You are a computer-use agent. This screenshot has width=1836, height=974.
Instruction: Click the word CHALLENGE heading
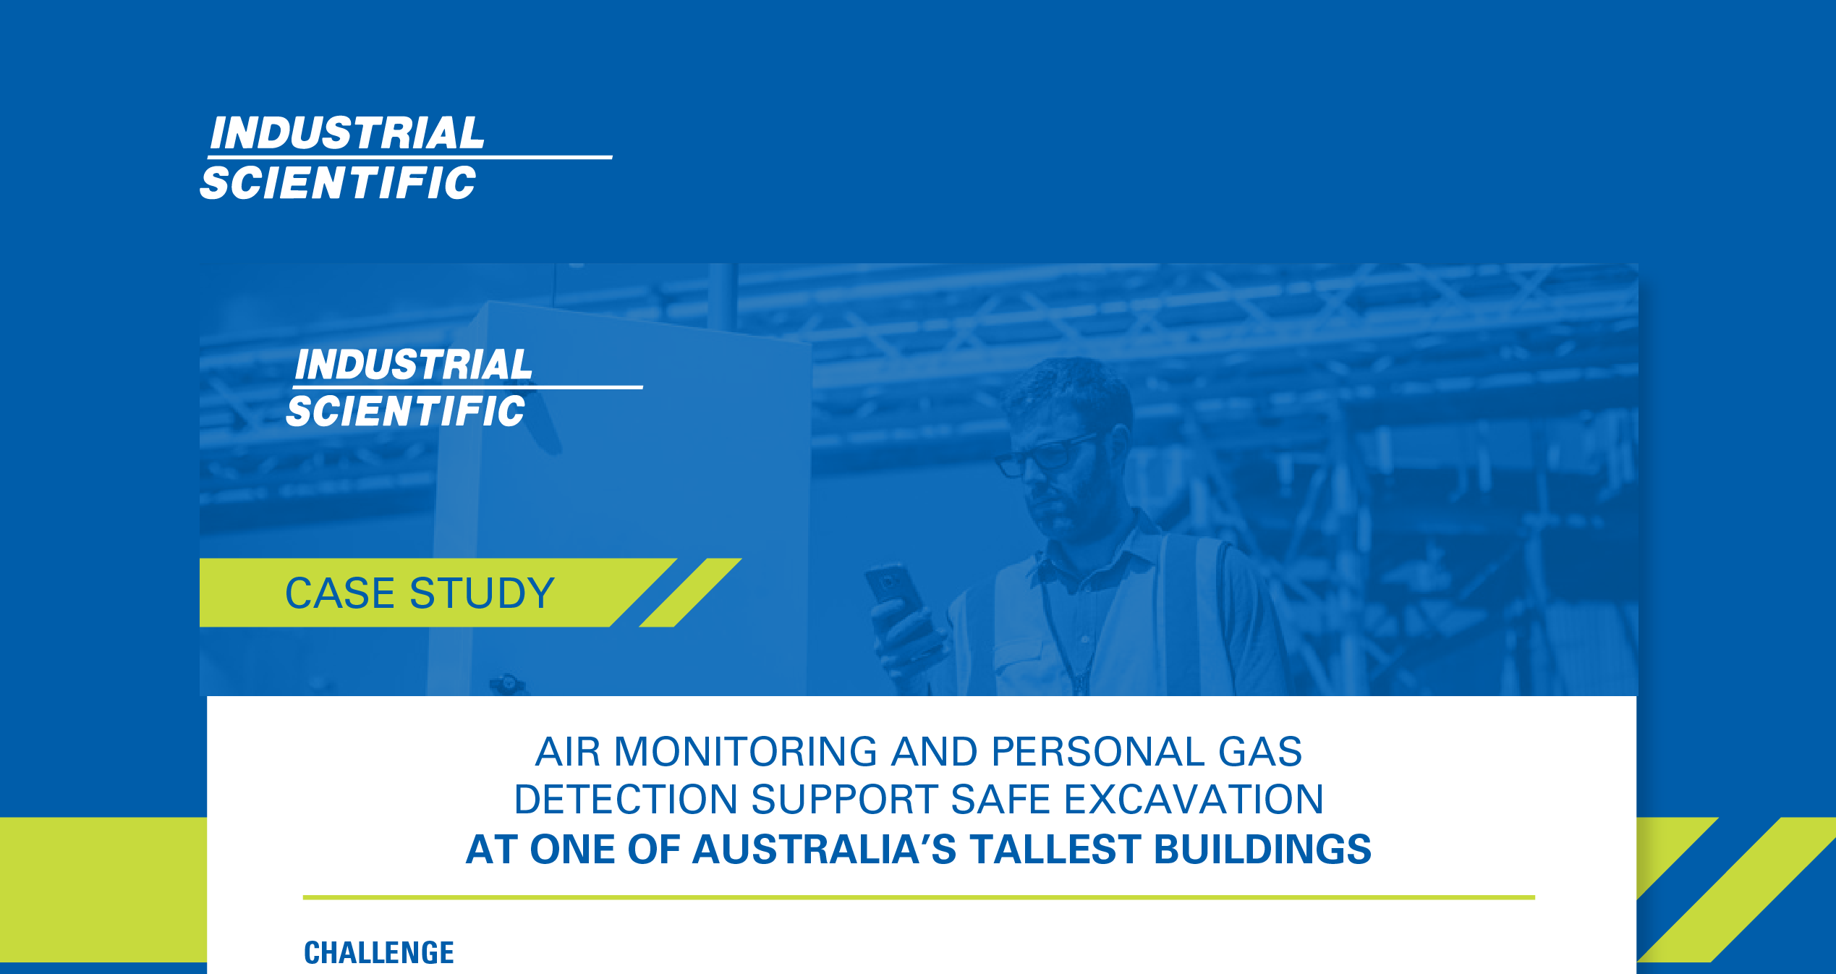click(x=379, y=952)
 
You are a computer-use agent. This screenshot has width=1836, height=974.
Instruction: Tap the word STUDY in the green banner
click(x=482, y=593)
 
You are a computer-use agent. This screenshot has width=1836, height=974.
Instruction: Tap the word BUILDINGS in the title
click(x=1262, y=850)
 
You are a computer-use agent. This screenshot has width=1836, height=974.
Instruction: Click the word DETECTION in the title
click(x=626, y=800)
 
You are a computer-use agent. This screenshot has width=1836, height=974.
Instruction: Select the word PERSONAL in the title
click(x=1098, y=752)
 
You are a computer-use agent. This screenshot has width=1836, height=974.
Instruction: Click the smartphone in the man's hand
click(x=896, y=590)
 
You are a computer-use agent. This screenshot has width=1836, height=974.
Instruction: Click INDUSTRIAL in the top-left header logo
click(x=347, y=133)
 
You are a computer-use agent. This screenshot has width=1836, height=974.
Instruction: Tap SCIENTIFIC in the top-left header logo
click(x=339, y=182)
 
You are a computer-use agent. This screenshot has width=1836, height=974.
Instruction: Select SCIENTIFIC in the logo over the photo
click(x=406, y=411)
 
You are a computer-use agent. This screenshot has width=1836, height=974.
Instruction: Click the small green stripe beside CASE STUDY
click(x=690, y=593)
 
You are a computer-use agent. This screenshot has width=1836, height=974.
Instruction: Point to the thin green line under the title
click(x=919, y=897)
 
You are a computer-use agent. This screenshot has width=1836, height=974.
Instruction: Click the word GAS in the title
click(x=1260, y=752)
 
